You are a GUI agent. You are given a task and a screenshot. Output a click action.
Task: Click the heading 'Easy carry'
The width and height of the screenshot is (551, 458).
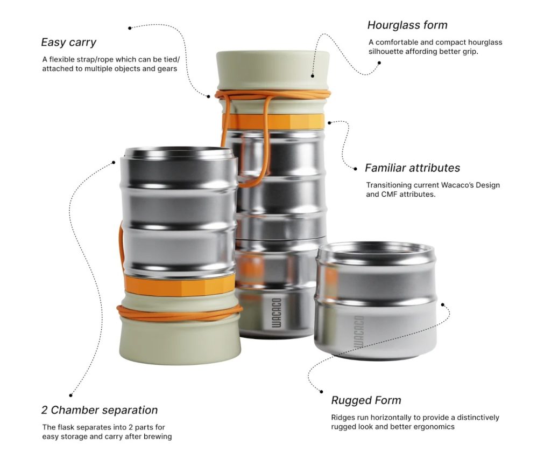coord(68,42)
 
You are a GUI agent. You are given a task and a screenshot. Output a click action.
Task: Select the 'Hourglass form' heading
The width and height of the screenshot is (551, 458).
coord(407,25)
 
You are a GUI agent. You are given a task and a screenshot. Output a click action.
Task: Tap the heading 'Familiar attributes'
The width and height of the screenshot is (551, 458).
coord(412,168)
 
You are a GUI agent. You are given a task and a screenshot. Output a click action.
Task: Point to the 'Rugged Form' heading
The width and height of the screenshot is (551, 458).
coord(366,400)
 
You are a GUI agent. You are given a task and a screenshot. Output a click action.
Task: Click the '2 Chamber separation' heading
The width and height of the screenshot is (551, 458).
coord(100,410)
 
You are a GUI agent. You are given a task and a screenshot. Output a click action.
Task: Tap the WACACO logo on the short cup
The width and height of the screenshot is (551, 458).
coord(359,332)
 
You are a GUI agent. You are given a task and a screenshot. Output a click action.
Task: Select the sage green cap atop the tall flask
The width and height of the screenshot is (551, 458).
coord(273,70)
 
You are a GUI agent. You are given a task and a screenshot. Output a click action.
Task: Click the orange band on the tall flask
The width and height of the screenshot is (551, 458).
coord(273,122)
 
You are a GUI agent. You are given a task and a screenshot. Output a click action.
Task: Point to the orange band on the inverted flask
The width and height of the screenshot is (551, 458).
coord(180,284)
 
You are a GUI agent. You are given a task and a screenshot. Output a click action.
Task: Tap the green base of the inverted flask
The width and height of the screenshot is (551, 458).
coord(180,339)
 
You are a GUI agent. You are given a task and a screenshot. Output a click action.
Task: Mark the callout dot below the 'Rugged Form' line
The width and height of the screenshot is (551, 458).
coord(321,392)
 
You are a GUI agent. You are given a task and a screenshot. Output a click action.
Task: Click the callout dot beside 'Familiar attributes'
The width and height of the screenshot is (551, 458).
coord(355,169)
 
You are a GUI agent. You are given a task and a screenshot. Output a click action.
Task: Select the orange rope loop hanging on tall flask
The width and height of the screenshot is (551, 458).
coord(266,141)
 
